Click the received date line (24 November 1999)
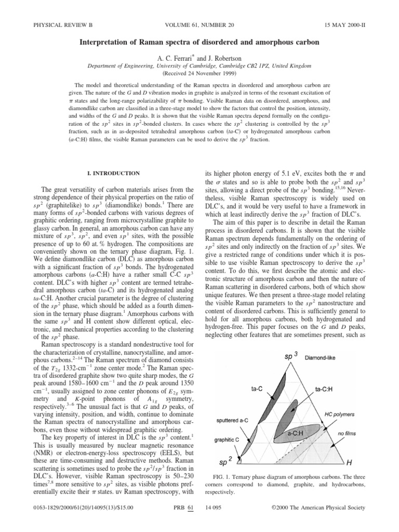click(199, 59)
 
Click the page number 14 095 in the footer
click(217, 522)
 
